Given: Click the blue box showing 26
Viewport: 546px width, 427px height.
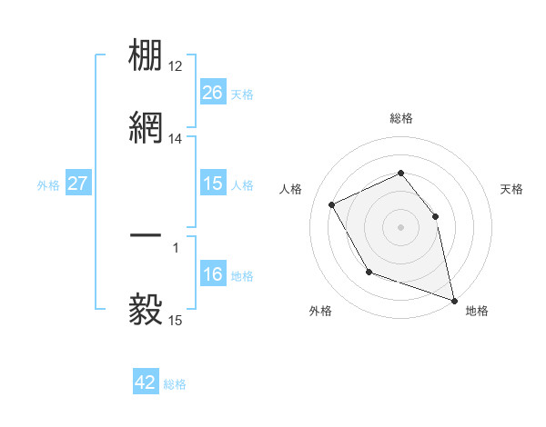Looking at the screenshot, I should pos(212,93).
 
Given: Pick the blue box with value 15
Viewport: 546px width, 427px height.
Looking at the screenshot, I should pos(212,184).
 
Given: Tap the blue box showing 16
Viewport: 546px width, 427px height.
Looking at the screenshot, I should pos(212,274).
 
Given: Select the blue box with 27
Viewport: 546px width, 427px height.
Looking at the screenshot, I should pos(77,184).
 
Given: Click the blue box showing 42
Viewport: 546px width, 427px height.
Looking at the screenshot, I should pos(146,382).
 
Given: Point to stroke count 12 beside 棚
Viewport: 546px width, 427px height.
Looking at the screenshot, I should pos(176,66).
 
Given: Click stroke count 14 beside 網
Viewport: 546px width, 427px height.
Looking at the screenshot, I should pos(176,138).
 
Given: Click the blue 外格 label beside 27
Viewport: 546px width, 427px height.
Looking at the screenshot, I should pos(48,184).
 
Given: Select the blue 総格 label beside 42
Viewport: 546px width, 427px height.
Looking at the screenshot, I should pos(175,384).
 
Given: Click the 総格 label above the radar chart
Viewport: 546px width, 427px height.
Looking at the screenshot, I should pos(400,118).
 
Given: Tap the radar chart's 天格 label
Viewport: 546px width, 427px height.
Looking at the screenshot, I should pos(511,189).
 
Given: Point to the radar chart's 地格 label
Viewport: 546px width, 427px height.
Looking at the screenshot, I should pos(477,311).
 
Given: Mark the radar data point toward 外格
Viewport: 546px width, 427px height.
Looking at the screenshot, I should pos(369,272).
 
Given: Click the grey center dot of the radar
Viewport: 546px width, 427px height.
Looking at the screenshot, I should pos(400,226).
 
